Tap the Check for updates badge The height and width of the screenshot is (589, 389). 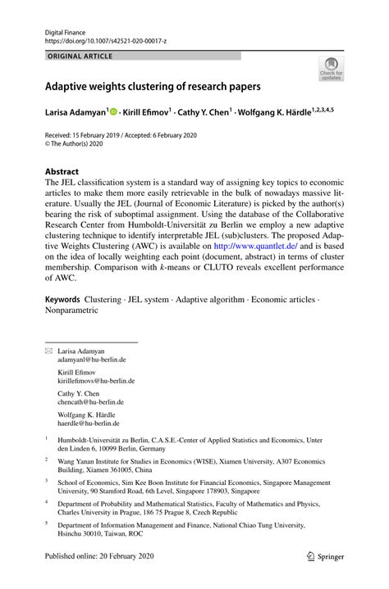click(332, 69)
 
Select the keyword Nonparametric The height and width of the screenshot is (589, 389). click(71, 310)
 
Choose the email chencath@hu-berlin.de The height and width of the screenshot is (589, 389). click(90, 402)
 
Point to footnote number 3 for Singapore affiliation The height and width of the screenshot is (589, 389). click(47, 483)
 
